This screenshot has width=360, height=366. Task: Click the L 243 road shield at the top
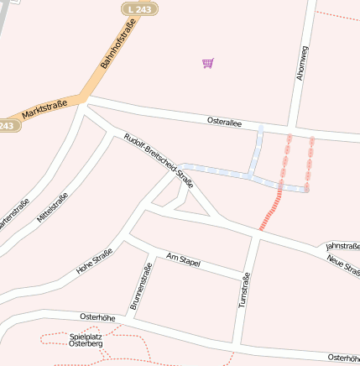pyautogui.click(x=139, y=8)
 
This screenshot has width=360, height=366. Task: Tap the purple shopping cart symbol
pyautogui.click(x=207, y=63)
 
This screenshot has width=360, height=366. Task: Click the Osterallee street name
pyautogui.click(x=224, y=122)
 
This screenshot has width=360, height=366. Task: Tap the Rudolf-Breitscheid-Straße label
pyautogui.click(x=158, y=160)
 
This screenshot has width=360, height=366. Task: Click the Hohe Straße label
pyautogui.click(x=94, y=265)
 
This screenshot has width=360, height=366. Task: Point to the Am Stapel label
pyautogui.click(x=183, y=260)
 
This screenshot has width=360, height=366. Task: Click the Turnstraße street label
pyautogui.click(x=245, y=290)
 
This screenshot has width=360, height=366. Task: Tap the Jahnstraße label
pyautogui.click(x=342, y=243)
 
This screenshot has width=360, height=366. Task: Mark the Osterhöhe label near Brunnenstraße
pyautogui.click(x=97, y=316)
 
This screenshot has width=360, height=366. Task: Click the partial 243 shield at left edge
pyautogui.click(x=7, y=125)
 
